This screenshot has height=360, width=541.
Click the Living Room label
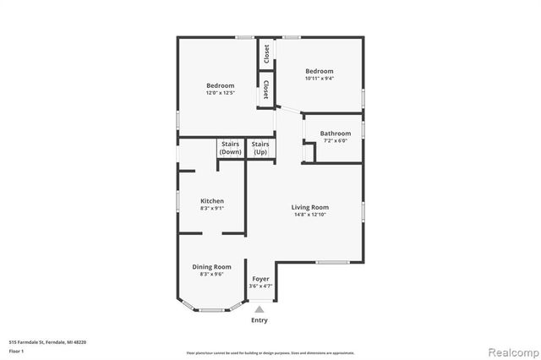310,207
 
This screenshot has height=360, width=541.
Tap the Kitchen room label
211,201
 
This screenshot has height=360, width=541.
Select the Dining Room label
211,266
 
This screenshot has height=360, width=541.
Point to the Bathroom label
336,134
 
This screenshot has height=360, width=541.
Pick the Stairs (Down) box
231,148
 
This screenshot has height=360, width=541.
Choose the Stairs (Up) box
260,148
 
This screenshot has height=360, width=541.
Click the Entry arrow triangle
260,309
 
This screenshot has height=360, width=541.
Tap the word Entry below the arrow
260,320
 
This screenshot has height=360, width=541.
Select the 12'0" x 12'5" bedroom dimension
221,93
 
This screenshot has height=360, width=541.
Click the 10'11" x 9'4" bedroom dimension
320,79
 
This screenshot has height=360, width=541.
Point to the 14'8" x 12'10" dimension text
310,215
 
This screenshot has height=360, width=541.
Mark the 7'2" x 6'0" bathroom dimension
336,141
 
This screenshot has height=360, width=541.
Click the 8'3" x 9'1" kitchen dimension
211,208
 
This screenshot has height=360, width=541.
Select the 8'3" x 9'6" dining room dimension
211,274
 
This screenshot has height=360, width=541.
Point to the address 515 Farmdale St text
47,342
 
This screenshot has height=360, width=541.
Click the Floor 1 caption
17,350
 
